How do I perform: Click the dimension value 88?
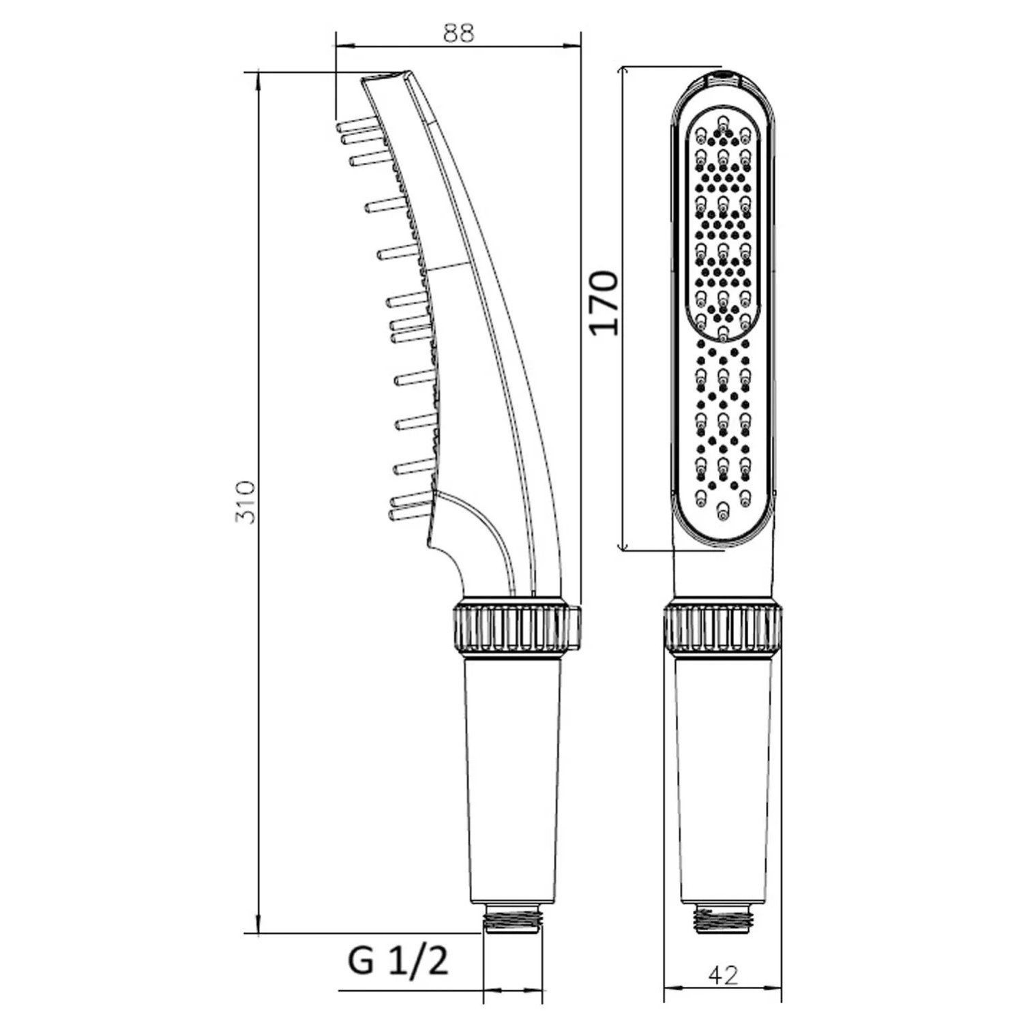pyautogui.click(x=458, y=32)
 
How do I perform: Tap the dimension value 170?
pyautogui.click(x=604, y=302)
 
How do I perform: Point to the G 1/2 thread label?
pyautogui.click(x=398, y=961)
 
